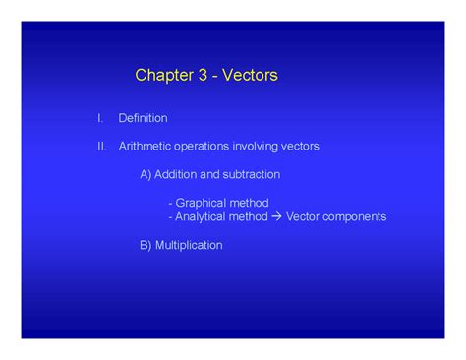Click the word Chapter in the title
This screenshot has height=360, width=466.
[x=163, y=75]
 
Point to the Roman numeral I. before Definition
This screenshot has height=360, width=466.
[x=99, y=118]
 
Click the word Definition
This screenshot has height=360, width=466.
[x=143, y=118]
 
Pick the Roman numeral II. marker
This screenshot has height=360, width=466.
[x=101, y=147]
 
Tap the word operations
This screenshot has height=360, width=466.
[x=202, y=147]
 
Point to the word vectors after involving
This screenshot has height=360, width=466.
[x=300, y=147]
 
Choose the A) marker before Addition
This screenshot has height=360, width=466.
[x=146, y=174]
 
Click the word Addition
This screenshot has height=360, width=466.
[x=179, y=174]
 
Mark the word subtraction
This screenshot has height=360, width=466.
[x=251, y=174]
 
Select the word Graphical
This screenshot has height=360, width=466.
[x=201, y=203]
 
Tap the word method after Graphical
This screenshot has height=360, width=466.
[x=249, y=203]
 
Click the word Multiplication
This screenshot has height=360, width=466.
[x=190, y=245]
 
